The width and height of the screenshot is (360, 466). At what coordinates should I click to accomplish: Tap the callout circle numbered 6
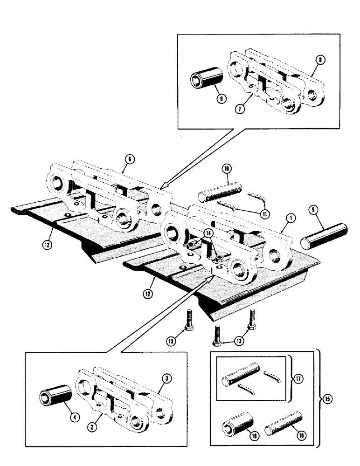coord(130,159)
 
